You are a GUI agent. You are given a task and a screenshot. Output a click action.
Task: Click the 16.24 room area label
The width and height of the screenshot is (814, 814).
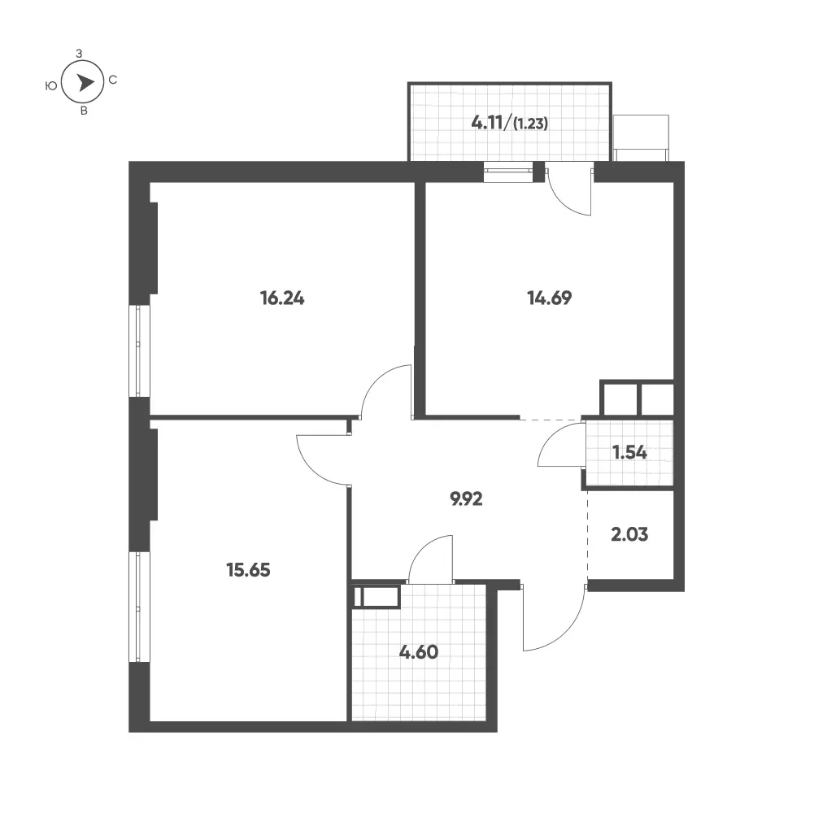(282, 298)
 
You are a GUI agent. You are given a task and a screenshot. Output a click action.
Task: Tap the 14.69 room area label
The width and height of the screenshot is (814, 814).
(549, 298)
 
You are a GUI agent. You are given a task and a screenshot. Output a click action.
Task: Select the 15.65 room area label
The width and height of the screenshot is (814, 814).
(248, 570)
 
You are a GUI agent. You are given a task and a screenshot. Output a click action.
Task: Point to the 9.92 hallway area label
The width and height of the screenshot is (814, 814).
(466, 498)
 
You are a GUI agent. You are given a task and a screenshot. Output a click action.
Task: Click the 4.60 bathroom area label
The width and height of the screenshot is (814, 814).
(419, 652)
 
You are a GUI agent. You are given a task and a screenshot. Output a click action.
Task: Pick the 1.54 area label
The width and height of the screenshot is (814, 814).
(629, 453)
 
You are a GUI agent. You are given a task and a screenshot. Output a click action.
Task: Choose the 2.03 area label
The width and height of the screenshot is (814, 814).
(629, 534)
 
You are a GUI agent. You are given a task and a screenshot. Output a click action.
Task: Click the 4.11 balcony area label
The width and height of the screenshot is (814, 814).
(487, 123)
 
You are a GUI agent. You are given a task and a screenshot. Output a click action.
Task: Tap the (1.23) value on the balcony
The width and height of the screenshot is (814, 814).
(530, 124)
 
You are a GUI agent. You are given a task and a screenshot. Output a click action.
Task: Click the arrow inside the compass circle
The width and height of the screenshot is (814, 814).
(85, 82)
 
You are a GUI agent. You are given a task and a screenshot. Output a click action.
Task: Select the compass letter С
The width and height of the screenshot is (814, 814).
(113, 80)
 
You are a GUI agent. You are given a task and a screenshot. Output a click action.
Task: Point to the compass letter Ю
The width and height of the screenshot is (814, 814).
(51, 85)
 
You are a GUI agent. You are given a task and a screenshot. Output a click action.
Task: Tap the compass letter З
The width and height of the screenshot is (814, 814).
(79, 54)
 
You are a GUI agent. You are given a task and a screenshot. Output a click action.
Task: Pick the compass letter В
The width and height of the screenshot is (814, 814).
(84, 111)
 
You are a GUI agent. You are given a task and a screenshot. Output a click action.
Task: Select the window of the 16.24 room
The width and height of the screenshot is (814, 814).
(139, 351)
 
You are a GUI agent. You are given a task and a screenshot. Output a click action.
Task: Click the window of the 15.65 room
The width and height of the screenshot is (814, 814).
(139, 607)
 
